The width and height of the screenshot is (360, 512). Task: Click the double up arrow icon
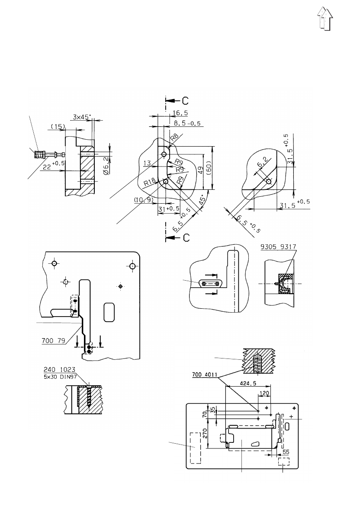coord(325,19)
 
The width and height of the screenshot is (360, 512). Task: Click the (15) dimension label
coord(58,126)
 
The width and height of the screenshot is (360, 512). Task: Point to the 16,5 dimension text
coord(180,113)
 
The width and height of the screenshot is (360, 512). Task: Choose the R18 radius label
coord(150,182)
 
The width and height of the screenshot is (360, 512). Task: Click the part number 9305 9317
coord(278,247)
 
